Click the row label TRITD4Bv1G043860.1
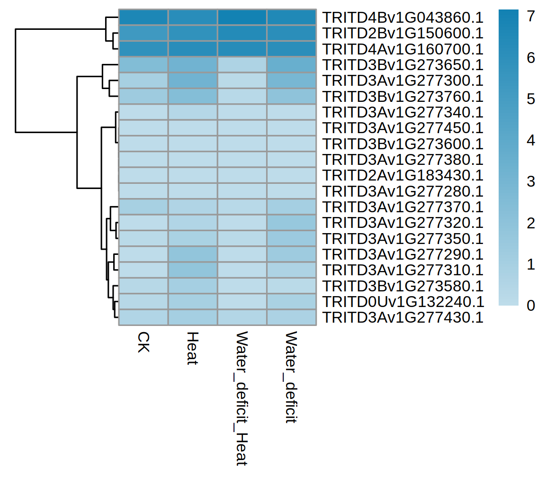tap(403, 18)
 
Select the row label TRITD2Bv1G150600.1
tap(403, 33)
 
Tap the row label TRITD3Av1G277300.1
tap(403, 81)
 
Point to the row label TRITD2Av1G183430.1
tap(403, 175)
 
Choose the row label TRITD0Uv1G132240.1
tap(403, 302)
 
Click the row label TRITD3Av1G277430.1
tap(403, 317)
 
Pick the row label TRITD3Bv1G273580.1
tap(403, 286)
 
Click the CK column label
tap(143, 342)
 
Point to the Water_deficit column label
tap(291, 378)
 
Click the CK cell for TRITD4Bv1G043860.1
tap(143, 17)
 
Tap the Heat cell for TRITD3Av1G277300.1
tap(193, 81)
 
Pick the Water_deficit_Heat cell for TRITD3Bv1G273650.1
tap(242, 64)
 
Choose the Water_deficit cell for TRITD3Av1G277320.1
tap(291, 223)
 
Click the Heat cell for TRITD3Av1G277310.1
tap(193, 270)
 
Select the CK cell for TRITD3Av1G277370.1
tap(143, 207)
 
